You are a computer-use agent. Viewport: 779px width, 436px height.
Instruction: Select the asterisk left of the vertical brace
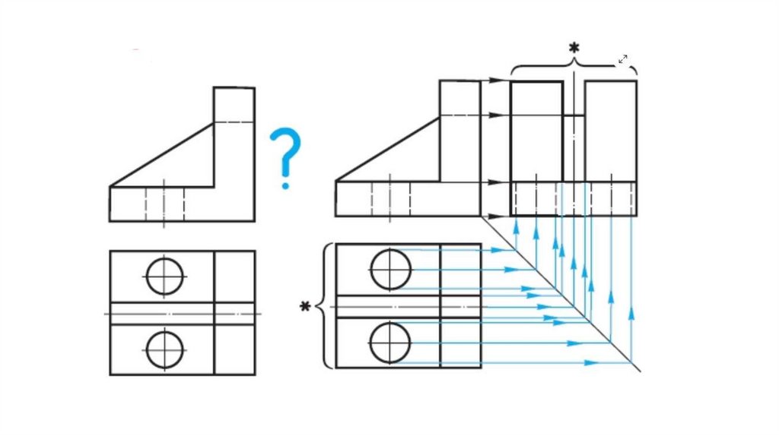pyautogui.click(x=305, y=306)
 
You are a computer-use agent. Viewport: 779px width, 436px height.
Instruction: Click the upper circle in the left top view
pyautogui.click(x=165, y=276)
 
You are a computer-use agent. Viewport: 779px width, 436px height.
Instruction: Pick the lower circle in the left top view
pyautogui.click(x=165, y=349)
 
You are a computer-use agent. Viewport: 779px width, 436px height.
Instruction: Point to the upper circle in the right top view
pyautogui.click(x=391, y=269)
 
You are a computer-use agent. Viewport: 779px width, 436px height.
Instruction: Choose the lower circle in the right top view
pyautogui.click(x=391, y=343)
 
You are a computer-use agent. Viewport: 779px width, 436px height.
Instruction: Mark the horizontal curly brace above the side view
pyautogui.click(x=574, y=67)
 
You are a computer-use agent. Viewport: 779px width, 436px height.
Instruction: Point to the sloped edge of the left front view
pyautogui.click(x=161, y=155)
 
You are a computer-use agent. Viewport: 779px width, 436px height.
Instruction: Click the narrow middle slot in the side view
pyautogui.click(x=574, y=148)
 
